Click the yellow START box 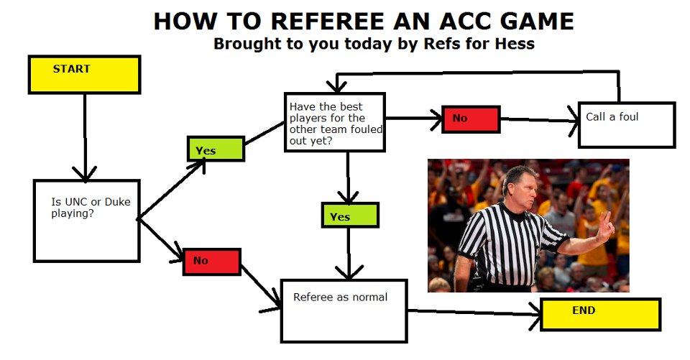(x=85, y=75)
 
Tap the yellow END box (x=600, y=314)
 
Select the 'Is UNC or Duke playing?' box (x=87, y=221)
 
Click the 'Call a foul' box (x=626, y=125)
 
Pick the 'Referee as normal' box (x=344, y=310)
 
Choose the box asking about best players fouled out (x=335, y=122)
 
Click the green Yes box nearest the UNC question (x=216, y=149)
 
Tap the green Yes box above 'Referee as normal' (x=350, y=215)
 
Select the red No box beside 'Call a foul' (x=471, y=119)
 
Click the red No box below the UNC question (x=211, y=262)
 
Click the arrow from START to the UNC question (x=85, y=137)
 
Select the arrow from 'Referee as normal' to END (x=474, y=313)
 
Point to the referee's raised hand (x=605, y=226)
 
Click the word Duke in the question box (x=117, y=202)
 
